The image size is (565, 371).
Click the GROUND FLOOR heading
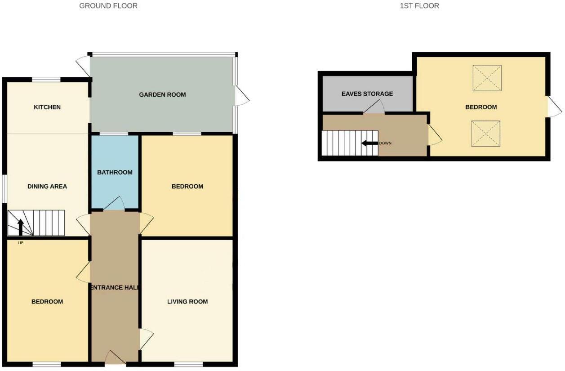click(x=108, y=6)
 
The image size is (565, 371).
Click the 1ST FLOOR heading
click(x=419, y=6)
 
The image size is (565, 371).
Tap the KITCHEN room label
click(x=47, y=107)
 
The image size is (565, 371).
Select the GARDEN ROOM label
click(x=162, y=94)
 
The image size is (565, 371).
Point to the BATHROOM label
click(x=115, y=172)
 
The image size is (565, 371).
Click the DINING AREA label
click(x=47, y=186)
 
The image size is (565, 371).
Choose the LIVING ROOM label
click(x=187, y=301)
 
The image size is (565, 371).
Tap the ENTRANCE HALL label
click(x=115, y=287)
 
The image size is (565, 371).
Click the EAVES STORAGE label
click(x=367, y=94)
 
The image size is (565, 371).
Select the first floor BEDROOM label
click(x=481, y=107)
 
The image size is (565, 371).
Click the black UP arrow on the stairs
click(x=20, y=227)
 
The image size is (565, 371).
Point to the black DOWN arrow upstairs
click(x=370, y=143)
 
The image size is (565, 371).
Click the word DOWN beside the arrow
click(x=386, y=143)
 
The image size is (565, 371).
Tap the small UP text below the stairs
click(x=20, y=243)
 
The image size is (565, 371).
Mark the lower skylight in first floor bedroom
click(x=486, y=133)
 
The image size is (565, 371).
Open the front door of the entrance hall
click(x=115, y=358)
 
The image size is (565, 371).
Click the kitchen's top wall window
click(x=46, y=80)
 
